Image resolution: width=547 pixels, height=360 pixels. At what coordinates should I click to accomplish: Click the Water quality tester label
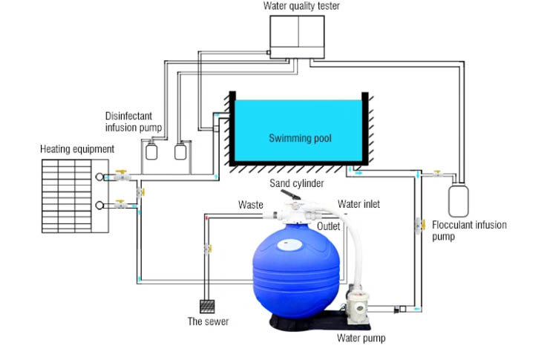point(301,6)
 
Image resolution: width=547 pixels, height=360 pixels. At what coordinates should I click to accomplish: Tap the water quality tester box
point(297,37)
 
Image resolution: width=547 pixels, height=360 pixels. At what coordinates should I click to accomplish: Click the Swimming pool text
point(300,138)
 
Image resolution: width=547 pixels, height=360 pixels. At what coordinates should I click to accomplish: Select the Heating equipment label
point(77,149)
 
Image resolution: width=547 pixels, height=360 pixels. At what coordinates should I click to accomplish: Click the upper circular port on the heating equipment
point(99,177)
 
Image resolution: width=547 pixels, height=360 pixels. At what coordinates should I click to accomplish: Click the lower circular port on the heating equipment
point(99,206)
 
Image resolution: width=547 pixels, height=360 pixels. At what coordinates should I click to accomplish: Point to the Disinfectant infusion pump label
point(134,122)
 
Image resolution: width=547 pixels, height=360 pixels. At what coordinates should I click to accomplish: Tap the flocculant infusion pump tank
point(458,201)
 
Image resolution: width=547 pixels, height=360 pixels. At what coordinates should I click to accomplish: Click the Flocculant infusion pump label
point(469,230)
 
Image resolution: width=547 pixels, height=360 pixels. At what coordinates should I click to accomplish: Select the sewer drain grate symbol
point(207,307)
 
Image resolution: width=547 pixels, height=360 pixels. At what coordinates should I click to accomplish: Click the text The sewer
point(209,321)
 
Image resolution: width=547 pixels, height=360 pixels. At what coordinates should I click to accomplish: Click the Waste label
point(250,205)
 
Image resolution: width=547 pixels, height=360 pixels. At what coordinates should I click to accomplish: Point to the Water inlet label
point(358,204)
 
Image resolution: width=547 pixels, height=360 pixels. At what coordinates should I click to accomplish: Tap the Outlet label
point(328,226)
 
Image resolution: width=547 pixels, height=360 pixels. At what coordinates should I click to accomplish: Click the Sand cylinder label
point(297,183)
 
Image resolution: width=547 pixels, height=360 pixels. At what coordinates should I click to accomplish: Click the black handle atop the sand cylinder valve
point(291,194)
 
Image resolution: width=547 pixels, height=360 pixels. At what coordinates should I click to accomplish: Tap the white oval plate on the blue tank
point(289,245)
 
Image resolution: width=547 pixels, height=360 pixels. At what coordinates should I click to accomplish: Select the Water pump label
point(361,338)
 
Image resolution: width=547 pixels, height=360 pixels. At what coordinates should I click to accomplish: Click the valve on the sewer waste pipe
point(208,249)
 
